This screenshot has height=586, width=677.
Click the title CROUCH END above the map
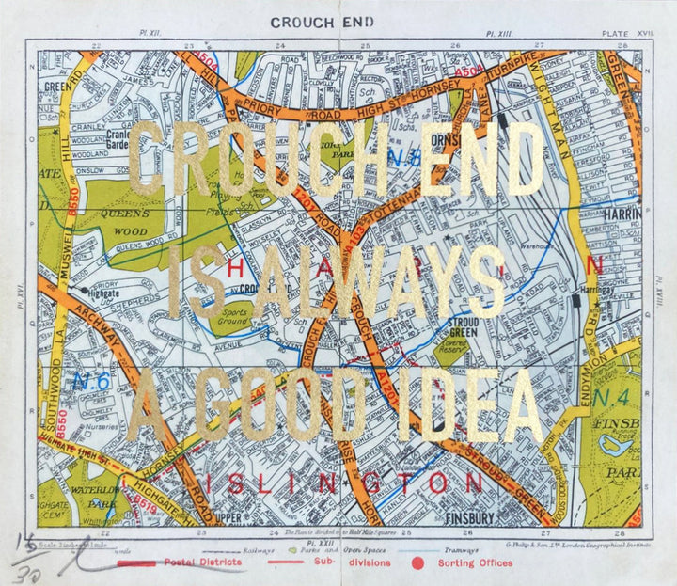(322, 22)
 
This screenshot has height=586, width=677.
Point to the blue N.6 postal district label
(90, 382)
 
